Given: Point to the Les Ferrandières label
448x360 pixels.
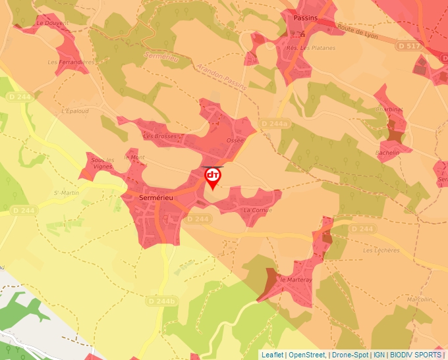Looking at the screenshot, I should [x=71, y=63].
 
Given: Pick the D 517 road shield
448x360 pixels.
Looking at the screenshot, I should [x=408, y=46].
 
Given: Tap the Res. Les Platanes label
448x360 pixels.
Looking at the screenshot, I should [x=310, y=48].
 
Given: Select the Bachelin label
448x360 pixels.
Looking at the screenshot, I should [x=387, y=153].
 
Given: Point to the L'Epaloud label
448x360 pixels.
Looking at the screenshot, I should [x=74, y=111].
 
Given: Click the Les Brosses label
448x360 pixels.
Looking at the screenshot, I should [x=161, y=136].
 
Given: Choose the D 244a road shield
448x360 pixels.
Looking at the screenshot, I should [x=274, y=124].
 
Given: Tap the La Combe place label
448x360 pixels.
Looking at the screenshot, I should [x=258, y=210].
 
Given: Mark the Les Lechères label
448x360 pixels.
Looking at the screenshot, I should [x=381, y=250].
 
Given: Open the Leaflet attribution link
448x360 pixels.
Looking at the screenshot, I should [x=272, y=355].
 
